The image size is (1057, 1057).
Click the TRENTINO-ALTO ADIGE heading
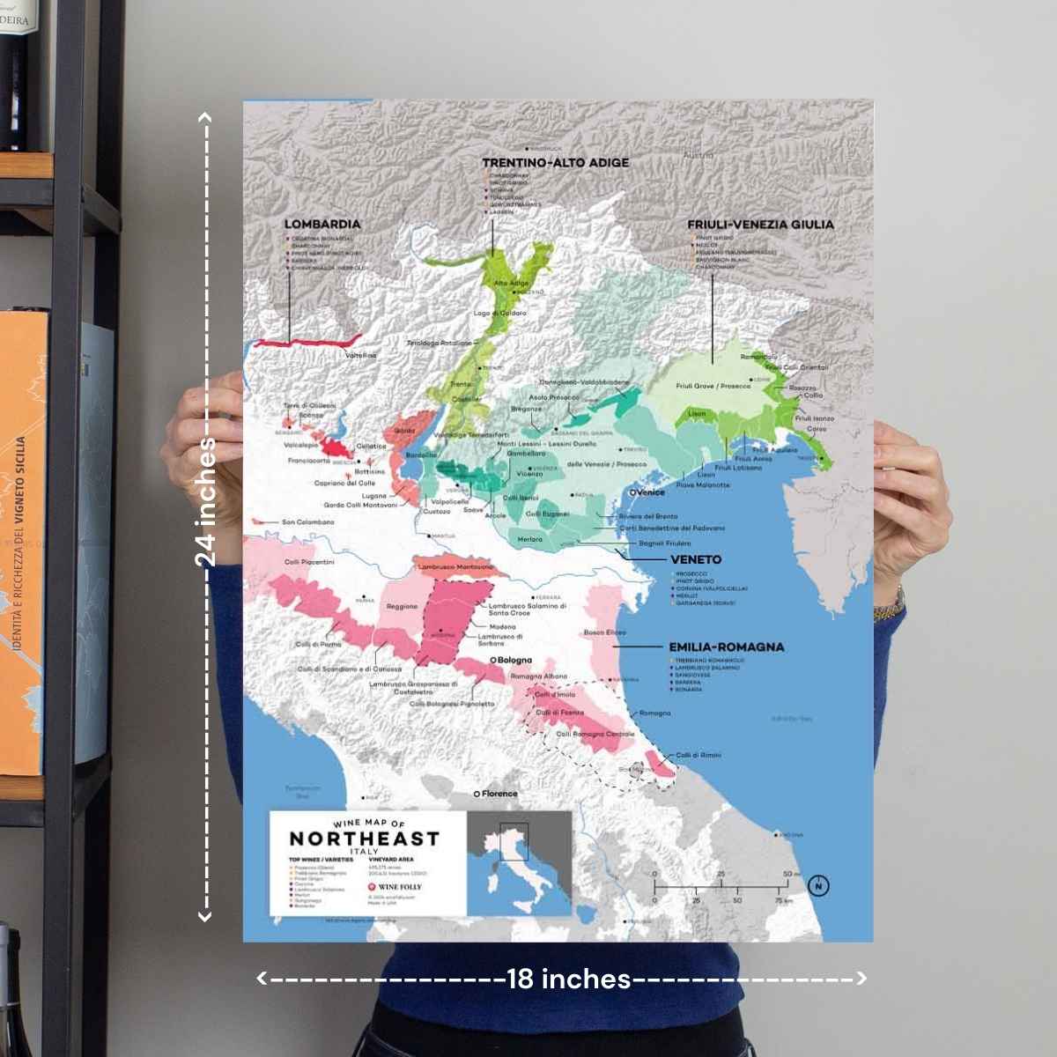click(x=555, y=163)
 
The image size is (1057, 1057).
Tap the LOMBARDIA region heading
click(x=322, y=225)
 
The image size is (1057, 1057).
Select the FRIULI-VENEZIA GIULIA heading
click(x=760, y=225)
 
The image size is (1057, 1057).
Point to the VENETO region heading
click(x=695, y=559)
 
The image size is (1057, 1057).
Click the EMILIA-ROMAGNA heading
click(x=726, y=647)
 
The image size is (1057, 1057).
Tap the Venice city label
click(x=649, y=492)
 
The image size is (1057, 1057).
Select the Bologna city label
click(x=514, y=660)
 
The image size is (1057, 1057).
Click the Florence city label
click(x=499, y=794)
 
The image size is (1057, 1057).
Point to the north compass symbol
click(x=818, y=885)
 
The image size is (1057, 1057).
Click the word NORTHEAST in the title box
click(x=364, y=839)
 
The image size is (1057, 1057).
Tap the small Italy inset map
click(x=519, y=862)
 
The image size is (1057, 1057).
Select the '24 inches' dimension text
click(x=206, y=502)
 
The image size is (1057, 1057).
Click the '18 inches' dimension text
click(x=569, y=979)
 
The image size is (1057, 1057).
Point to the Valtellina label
click(x=361, y=356)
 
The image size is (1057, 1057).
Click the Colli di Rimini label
click(x=699, y=755)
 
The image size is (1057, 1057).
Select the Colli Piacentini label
click(x=309, y=562)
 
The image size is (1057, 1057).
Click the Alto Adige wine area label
click(x=511, y=284)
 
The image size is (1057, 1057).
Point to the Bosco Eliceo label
click(x=605, y=632)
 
